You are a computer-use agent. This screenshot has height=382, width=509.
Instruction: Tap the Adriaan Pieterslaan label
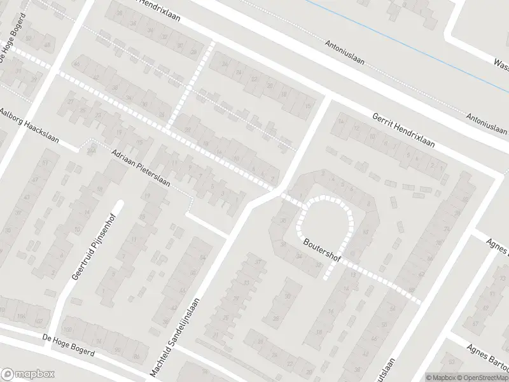(141, 168)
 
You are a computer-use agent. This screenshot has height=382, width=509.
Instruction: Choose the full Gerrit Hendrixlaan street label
(403, 131)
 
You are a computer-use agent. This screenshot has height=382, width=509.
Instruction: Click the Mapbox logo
(28, 374)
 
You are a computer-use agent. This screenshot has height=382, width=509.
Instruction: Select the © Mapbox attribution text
(440, 377)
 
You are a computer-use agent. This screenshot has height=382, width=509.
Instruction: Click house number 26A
(91, 151)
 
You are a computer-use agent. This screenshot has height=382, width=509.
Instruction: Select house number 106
(22, 317)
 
